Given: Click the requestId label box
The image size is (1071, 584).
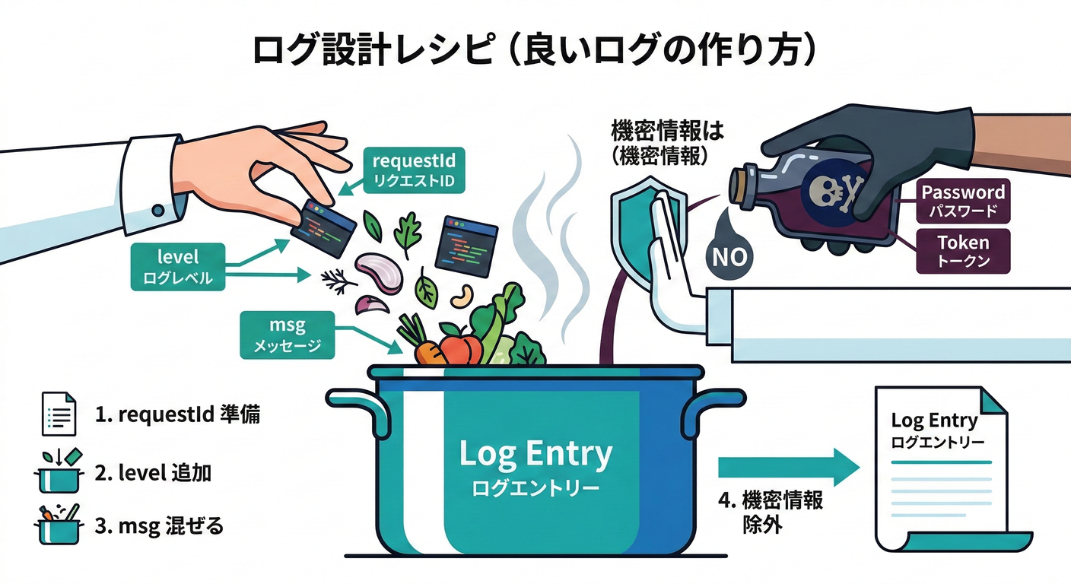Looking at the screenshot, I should tap(413, 170).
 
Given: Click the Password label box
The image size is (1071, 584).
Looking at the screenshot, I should tap(963, 201).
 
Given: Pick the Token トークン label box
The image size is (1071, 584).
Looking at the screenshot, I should tap(963, 252).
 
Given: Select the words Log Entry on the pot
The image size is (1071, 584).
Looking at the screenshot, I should tap(535, 454).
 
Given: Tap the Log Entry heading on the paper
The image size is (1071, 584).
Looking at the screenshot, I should tap(934, 421).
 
